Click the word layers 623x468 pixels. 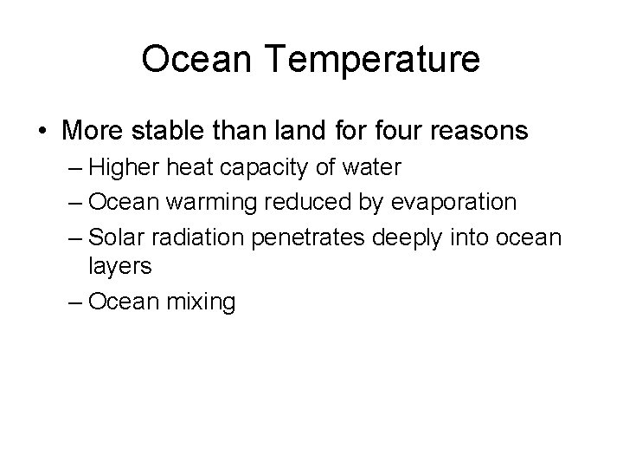[120, 267]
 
